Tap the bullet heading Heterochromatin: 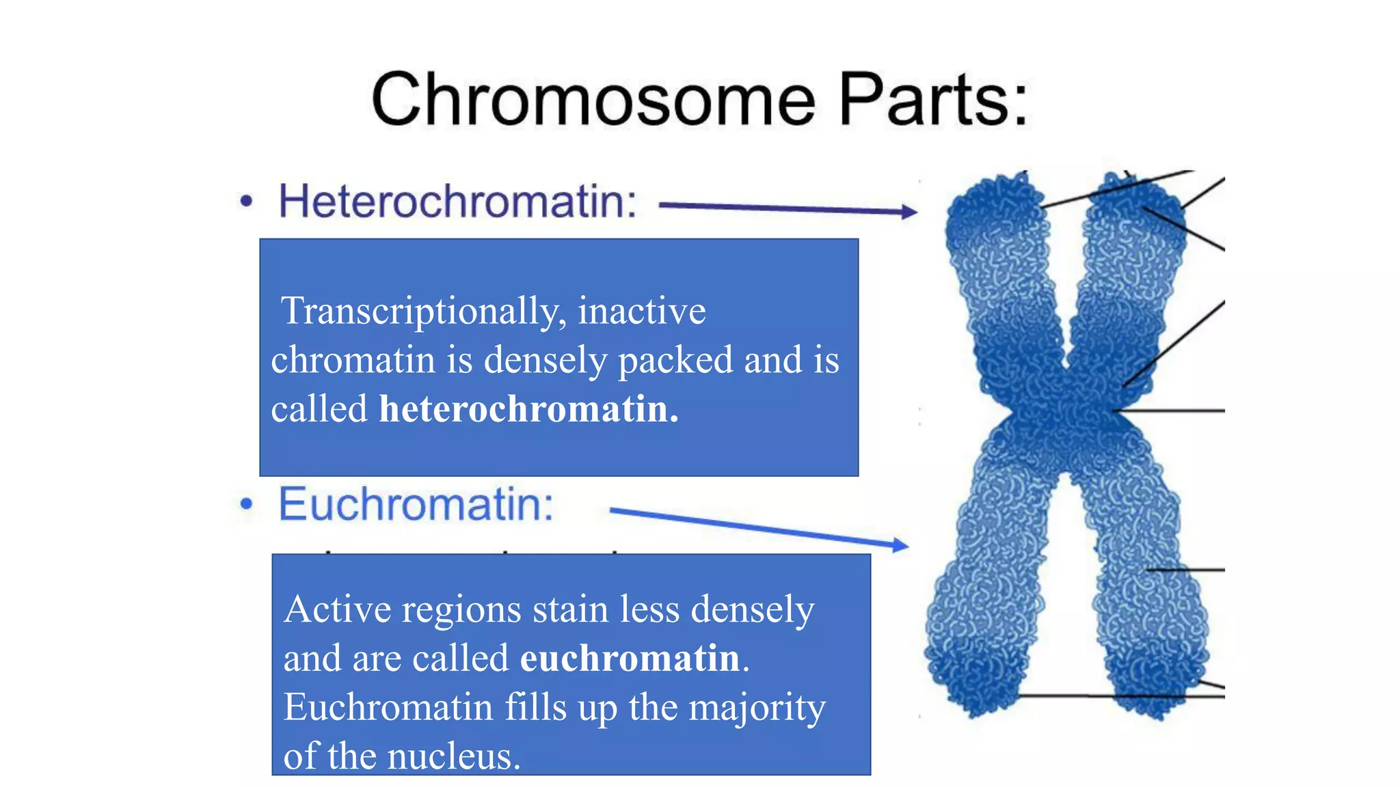pos(457,202)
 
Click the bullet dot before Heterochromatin pos(246,202)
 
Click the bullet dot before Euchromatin pos(246,504)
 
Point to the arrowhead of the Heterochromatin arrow pos(910,212)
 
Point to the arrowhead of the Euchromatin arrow pos(902,544)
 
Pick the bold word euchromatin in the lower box pos(630,658)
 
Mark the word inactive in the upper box pos(642,311)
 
